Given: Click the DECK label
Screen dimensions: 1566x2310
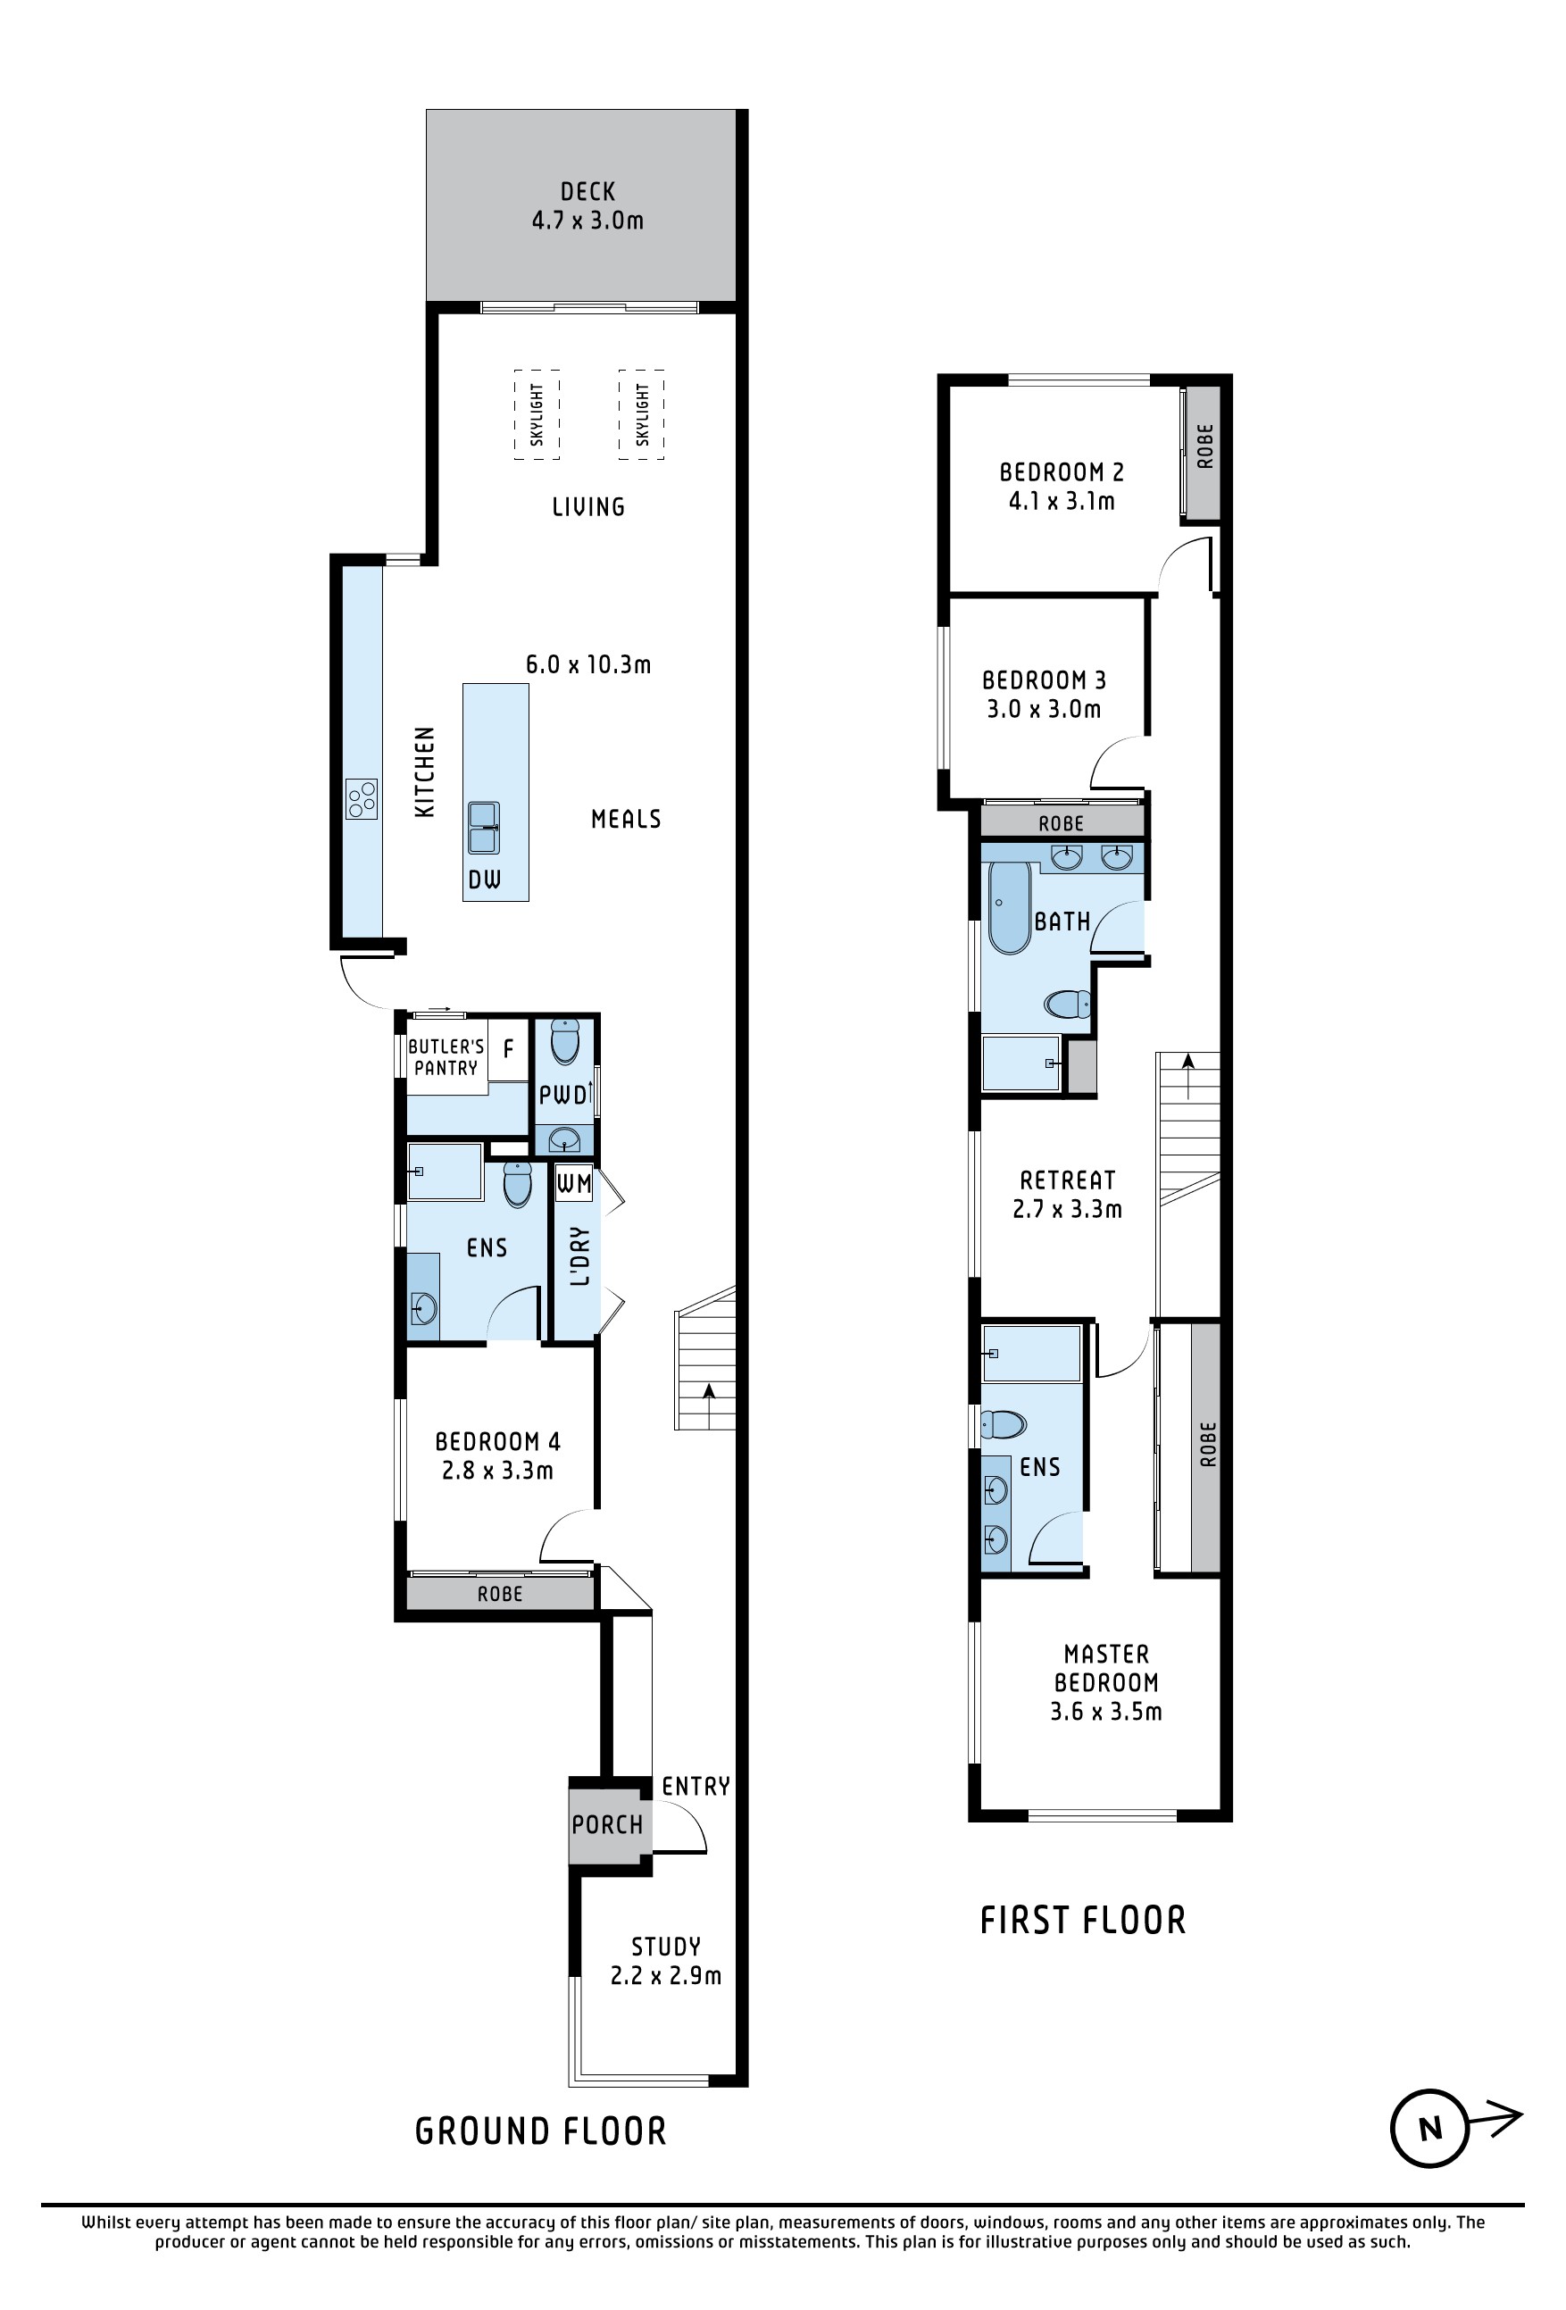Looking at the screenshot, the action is click(587, 191).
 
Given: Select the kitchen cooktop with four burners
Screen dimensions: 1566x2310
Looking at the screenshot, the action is click(362, 799).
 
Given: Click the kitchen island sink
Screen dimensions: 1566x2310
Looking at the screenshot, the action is click(484, 828).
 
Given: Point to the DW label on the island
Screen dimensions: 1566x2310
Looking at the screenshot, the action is click(485, 879).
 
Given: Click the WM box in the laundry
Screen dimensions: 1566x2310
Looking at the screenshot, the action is click(573, 1183).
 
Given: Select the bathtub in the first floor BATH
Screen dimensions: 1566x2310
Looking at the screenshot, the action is click(1010, 907).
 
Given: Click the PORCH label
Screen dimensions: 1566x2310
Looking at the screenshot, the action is click(607, 1824).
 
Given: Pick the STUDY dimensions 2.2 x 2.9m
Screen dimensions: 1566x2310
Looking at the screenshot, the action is click(666, 1975).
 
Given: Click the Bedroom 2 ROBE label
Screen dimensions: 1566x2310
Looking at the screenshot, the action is click(1205, 446).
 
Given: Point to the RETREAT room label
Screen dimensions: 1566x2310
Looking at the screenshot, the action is click(1068, 1180).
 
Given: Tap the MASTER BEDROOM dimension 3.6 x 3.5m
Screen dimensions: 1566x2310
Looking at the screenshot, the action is click(1106, 1711).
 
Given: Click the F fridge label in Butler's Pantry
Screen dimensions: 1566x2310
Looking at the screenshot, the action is click(509, 1048).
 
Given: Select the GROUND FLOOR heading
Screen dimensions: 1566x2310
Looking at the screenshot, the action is click(540, 2131).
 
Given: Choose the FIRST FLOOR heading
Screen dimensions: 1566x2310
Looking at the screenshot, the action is click(1083, 1920).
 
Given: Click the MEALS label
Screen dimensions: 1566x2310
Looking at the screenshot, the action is click(626, 819).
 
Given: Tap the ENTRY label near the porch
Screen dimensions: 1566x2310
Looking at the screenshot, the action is click(696, 1786).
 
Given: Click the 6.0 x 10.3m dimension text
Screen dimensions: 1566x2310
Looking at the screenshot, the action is click(588, 664).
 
